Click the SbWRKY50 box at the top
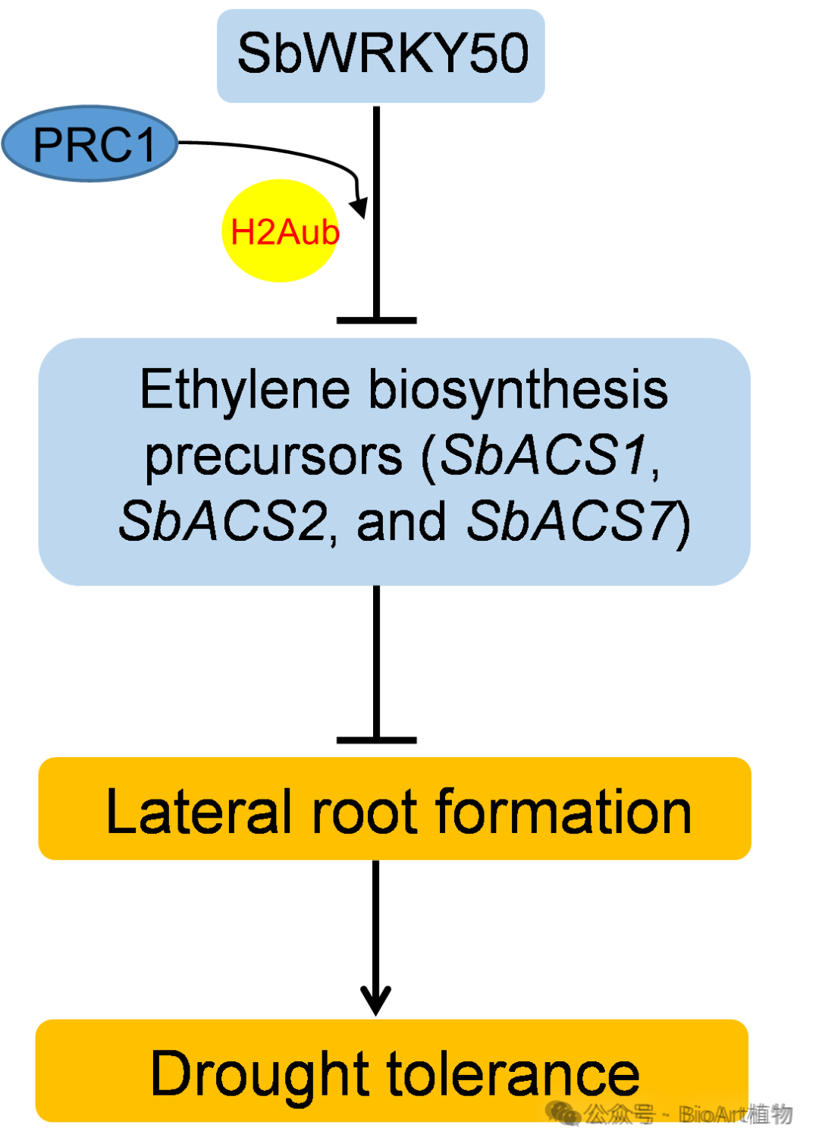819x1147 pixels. click(381, 55)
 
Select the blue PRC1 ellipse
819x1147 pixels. click(90, 143)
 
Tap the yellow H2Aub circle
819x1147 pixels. click(281, 231)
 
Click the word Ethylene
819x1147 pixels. click(244, 390)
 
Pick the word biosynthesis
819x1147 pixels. click(518, 391)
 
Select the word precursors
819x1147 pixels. click(273, 457)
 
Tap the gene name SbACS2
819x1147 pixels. click(222, 522)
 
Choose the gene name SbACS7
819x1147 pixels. click(570, 522)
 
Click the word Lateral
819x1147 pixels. click(199, 812)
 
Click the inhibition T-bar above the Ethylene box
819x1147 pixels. click(376, 320)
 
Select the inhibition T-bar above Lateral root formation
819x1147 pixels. click(376, 740)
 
